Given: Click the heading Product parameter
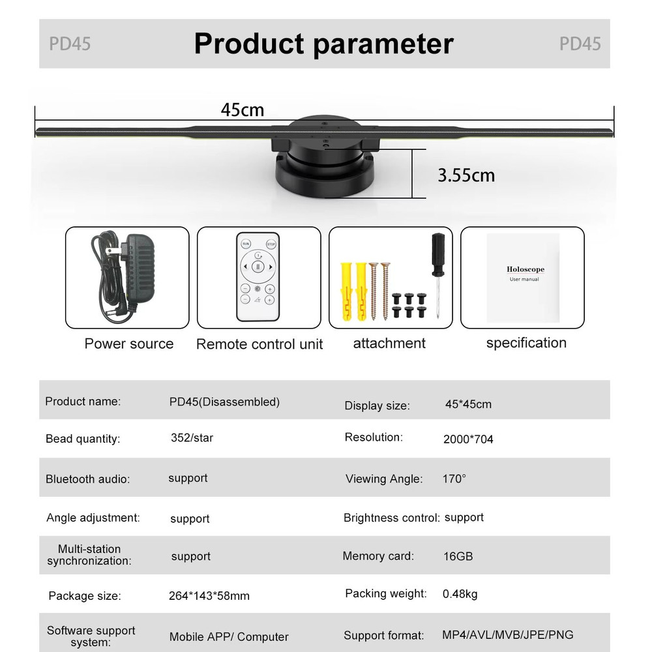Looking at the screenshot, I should tap(323, 44).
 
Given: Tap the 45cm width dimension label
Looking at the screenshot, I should tap(243, 110).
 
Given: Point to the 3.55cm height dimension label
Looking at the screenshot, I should tap(466, 175).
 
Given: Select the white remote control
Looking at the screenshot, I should tap(258, 276).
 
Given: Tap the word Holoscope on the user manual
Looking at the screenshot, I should tap(525, 269).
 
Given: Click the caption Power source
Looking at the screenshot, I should tap(129, 344).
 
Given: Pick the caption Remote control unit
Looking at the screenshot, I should tap(259, 344).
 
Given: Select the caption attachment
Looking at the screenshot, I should tap(389, 343).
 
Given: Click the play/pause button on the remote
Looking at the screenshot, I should tap(258, 267).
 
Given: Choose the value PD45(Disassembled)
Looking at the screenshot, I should tap(224, 402).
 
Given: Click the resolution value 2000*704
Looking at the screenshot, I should tap(468, 439).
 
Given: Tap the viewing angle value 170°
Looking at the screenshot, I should tap(454, 479).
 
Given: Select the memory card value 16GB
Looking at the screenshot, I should tap(458, 556).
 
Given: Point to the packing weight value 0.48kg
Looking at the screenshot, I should tap(460, 594).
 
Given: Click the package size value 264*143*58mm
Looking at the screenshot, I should tap(209, 596).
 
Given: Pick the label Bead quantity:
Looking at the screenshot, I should tap(83, 439).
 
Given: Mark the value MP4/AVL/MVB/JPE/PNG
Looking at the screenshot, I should tap(508, 634).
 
